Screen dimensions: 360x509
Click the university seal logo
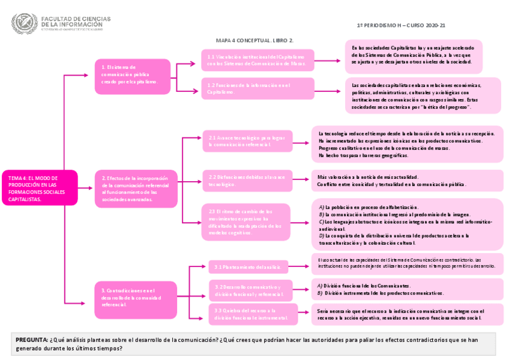(x=24, y=23)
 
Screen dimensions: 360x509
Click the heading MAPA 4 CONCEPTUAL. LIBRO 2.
(x=254, y=40)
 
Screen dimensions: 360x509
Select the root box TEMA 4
(x=40, y=188)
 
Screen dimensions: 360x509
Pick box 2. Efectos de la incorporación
(x=136, y=188)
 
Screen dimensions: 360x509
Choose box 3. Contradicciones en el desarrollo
(x=136, y=298)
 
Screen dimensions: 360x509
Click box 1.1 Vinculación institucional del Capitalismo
(x=258, y=60)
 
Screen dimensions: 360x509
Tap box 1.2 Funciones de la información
(x=258, y=89)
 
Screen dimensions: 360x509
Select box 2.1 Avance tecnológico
(x=247, y=141)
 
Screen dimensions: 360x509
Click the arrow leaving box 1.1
(x=329, y=60)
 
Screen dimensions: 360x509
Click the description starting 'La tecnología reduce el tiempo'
(x=407, y=144)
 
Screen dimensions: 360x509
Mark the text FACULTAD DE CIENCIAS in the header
(x=75, y=18)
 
